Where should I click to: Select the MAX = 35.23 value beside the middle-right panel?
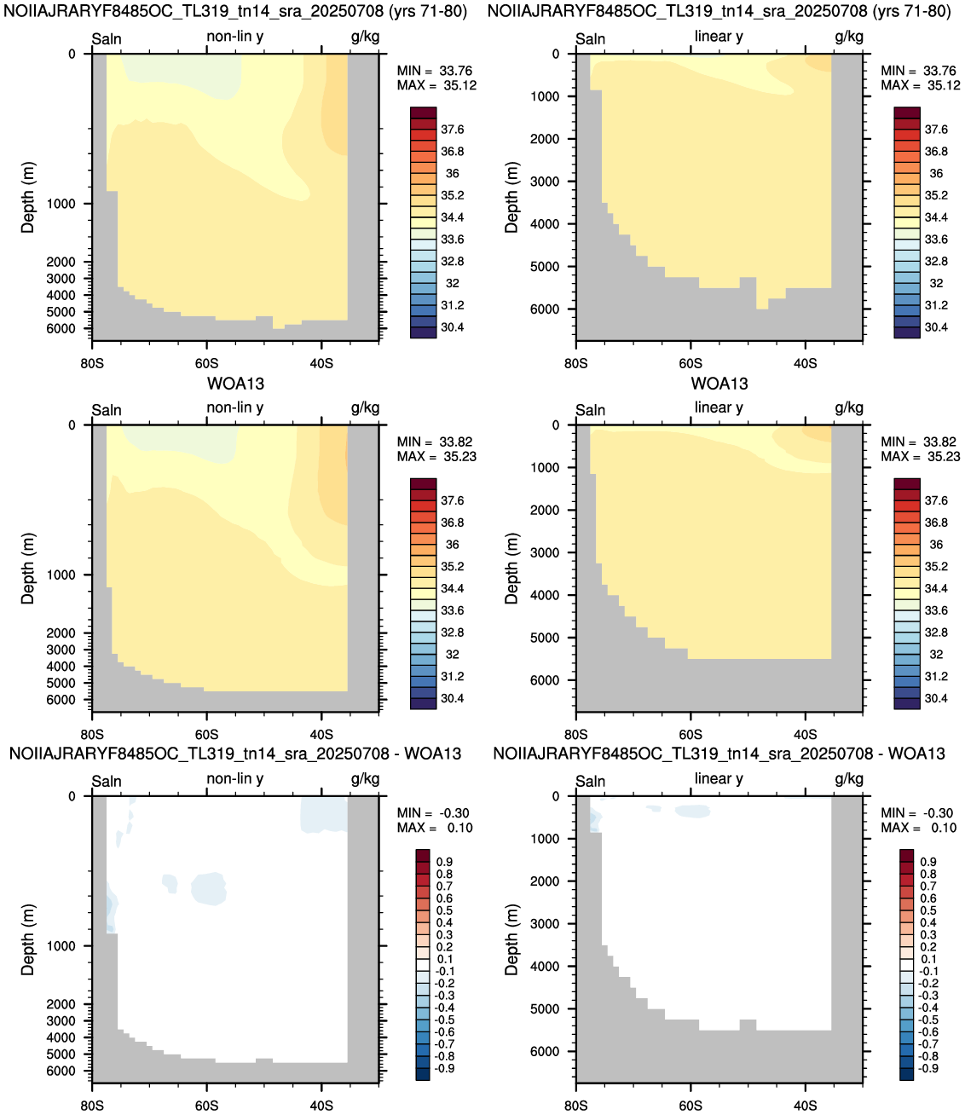click(x=920, y=456)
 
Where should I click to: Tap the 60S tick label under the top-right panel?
click(x=691, y=363)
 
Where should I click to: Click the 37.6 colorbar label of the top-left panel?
click(x=452, y=130)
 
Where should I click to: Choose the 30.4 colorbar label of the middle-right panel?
click(x=936, y=698)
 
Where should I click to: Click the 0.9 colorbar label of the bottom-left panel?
click(x=444, y=862)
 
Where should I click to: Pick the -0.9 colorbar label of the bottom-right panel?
click(x=927, y=1068)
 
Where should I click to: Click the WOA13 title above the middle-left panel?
click(x=236, y=384)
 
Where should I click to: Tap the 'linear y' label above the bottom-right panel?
click(x=719, y=778)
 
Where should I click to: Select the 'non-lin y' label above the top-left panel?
click(x=234, y=36)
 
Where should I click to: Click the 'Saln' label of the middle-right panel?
click(x=590, y=410)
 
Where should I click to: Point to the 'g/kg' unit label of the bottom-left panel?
click(x=365, y=779)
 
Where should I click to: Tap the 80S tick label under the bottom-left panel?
click(x=92, y=1106)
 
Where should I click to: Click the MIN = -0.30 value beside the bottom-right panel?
click(x=918, y=813)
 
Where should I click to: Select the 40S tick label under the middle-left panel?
click(x=321, y=734)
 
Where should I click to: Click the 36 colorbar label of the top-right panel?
click(x=936, y=173)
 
